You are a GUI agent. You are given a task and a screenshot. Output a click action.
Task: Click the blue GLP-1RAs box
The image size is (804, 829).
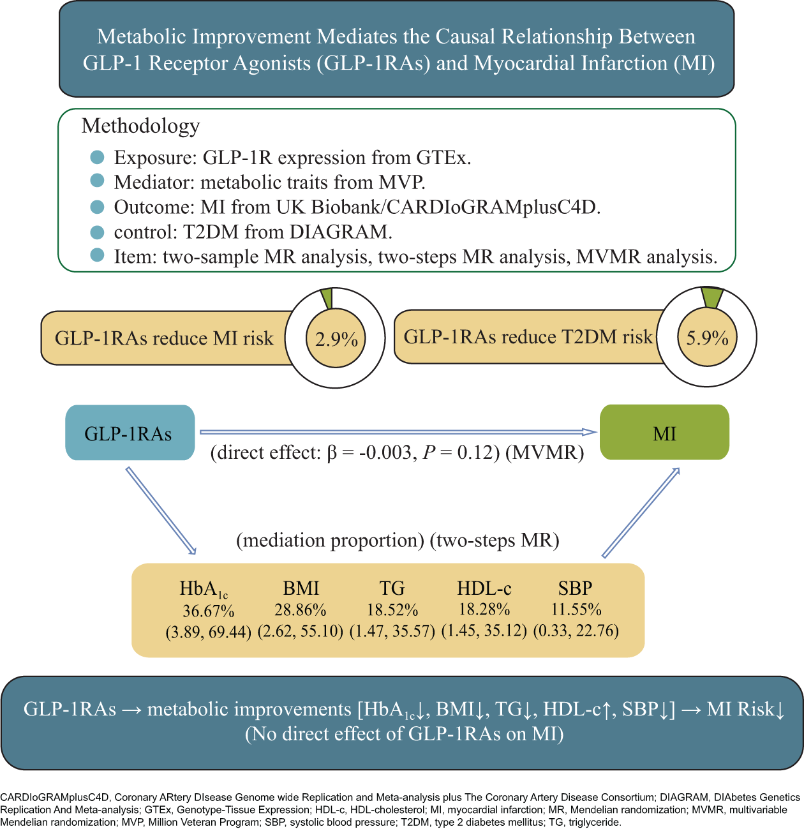(130, 433)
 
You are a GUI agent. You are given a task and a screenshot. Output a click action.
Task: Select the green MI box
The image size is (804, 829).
(664, 433)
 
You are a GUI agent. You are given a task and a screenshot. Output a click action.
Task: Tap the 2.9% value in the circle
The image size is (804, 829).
(336, 338)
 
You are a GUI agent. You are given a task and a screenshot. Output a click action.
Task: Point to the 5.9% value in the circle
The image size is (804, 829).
(707, 337)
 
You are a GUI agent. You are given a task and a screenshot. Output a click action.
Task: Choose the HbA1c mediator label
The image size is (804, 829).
(204, 588)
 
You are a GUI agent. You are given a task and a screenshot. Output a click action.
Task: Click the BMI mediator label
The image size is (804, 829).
(301, 588)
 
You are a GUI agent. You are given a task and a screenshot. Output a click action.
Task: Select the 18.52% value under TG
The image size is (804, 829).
(392, 609)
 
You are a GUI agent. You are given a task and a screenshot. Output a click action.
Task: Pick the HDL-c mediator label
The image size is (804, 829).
(484, 588)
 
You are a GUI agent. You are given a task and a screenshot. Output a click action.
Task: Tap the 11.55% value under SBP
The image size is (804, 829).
(576, 609)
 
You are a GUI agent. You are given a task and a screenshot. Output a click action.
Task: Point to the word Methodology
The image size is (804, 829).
(140, 126)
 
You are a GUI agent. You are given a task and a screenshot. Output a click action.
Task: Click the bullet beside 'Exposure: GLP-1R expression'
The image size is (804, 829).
(97, 157)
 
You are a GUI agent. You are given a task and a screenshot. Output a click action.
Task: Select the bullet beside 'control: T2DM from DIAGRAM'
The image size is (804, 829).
(97, 231)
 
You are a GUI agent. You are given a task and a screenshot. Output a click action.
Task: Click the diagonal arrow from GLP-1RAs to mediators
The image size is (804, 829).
(161, 511)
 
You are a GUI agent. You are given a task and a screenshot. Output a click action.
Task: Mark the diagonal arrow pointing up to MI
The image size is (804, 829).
(641, 512)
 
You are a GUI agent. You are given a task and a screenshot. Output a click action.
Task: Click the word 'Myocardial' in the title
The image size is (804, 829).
(526, 63)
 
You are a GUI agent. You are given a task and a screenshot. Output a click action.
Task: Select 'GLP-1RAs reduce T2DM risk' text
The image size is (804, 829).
(528, 337)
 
